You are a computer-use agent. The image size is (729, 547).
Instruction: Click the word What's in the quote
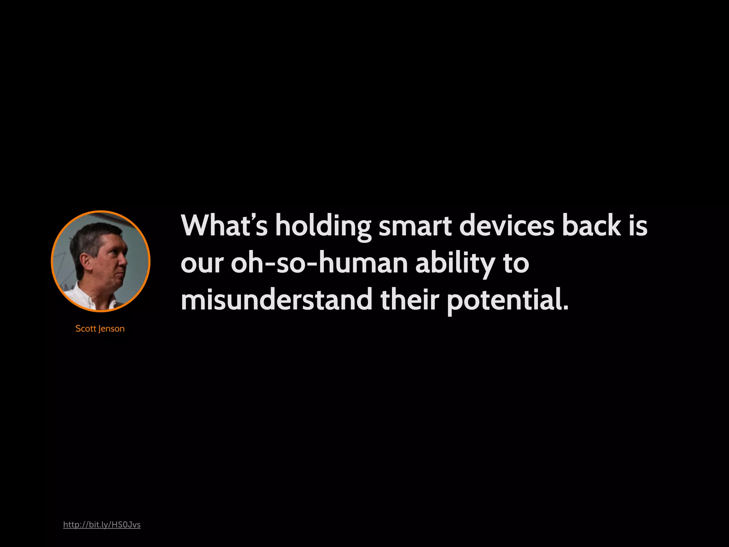pyautogui.click(x=224, y=226)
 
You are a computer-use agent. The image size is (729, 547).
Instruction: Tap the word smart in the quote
pyautogui.click(x=415, y=226)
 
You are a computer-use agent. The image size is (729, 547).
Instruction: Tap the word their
pyautogui.click(x=409, y=300)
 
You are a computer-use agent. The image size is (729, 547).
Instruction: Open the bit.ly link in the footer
pyautogui.click(x=102, y=525)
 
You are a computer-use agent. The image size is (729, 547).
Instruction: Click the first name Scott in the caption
pyautogui.click(x=86, y=328)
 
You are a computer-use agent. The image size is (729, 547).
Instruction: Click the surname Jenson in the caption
pyautogui.click(x=111, y=329)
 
